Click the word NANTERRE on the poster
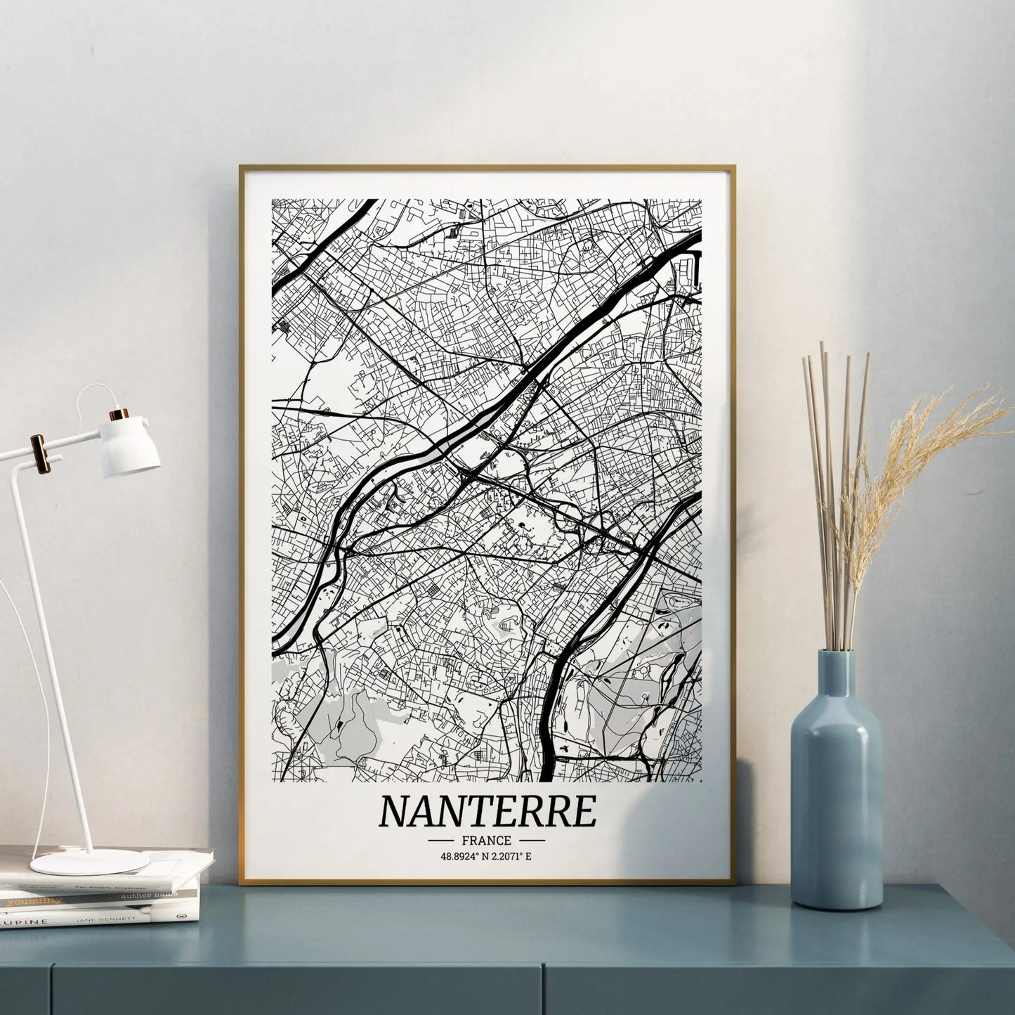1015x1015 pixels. [x=487, y=811]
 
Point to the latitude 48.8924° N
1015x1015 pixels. [x=461, y=855]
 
